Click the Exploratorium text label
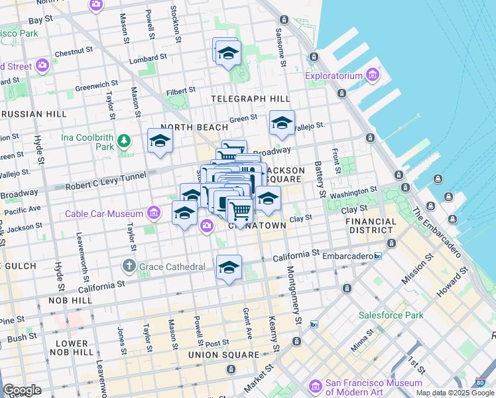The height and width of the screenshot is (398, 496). [x=334, y=76]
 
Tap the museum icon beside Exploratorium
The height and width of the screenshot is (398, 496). [x=372, y=76]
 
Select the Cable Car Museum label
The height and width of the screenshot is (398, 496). [x=103, y=214]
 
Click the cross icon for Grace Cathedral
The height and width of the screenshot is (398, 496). [x=130, y=267]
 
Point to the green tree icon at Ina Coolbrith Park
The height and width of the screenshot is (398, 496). [x=123, y=141]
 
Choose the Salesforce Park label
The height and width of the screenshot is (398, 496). [x=391, y=315]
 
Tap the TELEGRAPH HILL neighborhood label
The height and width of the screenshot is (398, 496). [x=250, y=99]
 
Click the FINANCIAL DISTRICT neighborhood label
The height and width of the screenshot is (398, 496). [x=371, y=226]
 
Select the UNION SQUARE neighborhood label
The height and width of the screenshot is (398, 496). [x=223, y=355]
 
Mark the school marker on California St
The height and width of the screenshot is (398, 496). [x=229, y=267]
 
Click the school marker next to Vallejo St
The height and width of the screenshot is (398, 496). [x=282, y=123]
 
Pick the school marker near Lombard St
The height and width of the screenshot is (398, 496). [x=227, y=52]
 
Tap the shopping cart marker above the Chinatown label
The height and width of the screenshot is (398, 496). [x=240, y=211]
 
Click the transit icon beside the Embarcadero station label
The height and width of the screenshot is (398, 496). [x=377, y=256]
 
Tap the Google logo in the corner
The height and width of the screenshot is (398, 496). [x=22, y=390]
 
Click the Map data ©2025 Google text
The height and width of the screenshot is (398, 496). [x=455, y=393]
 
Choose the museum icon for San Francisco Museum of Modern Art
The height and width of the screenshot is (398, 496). [x=315, y=386]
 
